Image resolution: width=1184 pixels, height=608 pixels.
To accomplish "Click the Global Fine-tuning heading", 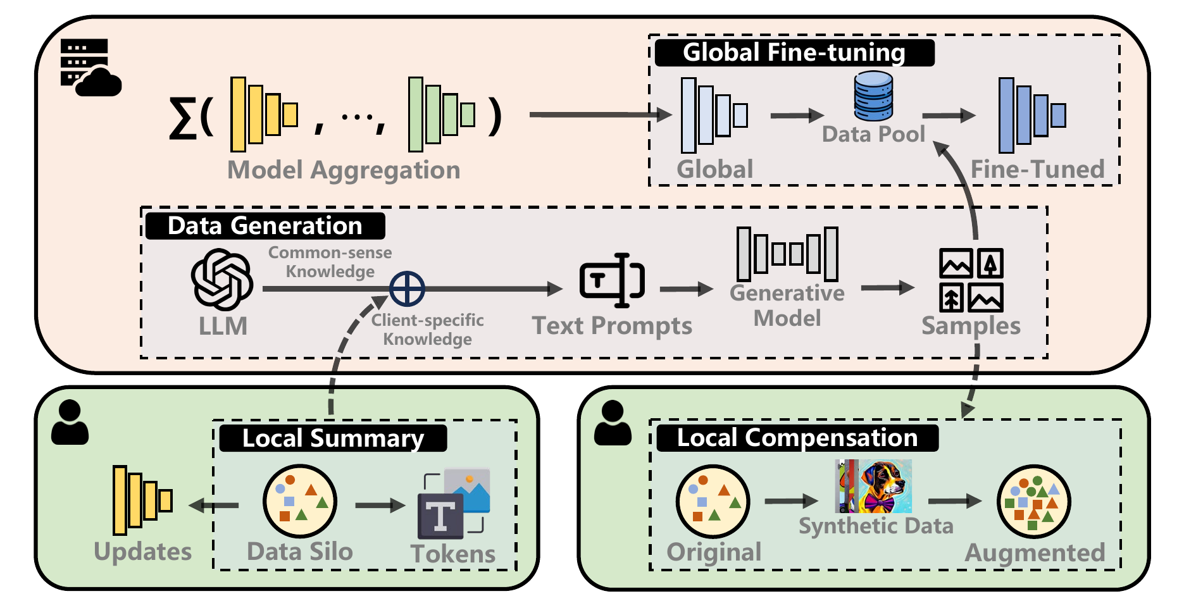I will click(x=794, y=53).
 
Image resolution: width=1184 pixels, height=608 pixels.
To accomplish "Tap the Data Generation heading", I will click(x=265, y=226).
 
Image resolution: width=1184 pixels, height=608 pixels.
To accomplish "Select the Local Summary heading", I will click(x=333, y=438).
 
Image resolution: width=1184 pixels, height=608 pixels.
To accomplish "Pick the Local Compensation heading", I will click(x=797, y=438).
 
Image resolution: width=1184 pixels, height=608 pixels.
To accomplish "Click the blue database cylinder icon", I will click(x=873, y=96).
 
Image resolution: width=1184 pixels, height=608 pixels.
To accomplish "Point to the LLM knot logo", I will click(x=222, y=280).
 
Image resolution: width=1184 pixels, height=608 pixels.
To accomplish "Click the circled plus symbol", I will click(x=407, y=289).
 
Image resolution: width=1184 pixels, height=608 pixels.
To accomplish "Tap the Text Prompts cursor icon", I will click(x=612, y=280).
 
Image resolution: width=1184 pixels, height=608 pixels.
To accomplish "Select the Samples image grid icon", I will click(x=971, y=280).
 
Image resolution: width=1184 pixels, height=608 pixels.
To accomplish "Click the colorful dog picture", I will click(x=874, y=486).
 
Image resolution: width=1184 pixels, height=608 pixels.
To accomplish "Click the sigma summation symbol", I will click(x=182, y=118).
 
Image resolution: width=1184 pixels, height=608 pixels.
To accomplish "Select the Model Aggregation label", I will click(x=344, y=170).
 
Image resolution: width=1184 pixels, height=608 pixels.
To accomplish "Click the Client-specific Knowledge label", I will click(x=427, y=330).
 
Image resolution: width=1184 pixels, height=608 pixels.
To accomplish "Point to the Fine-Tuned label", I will click(x=1037, y=170).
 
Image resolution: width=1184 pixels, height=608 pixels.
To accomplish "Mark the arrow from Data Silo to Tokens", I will click(x=380, y=505).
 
